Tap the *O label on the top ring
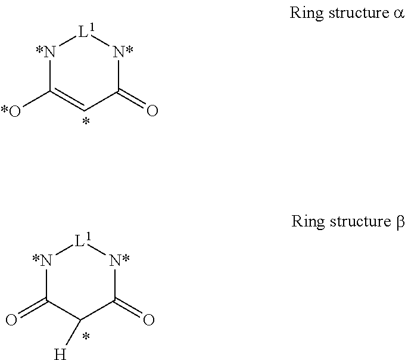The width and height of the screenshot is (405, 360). click(x=11, y=111)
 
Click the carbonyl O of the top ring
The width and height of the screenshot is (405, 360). click(x=152, y=111)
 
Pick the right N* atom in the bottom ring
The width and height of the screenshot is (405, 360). click(x=119, y=260)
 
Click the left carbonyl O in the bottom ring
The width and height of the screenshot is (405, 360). click(x=11, y=320)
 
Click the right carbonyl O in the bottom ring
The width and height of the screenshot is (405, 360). click(x=149, y=320)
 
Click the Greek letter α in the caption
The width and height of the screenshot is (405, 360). click(x=398, y=13)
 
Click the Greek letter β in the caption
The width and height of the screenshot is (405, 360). click(x=400, y=222)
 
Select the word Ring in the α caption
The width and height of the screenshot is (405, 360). click(x=304, y=13)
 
